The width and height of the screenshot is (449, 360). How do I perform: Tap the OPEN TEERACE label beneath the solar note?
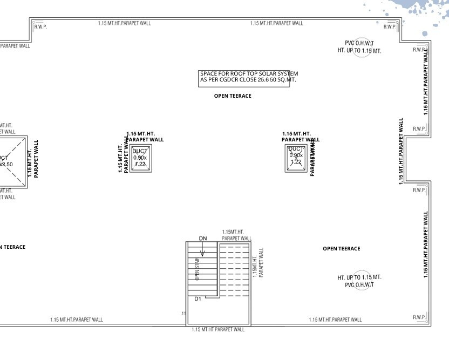[233, 96]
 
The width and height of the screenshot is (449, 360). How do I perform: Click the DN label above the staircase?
[203, 238]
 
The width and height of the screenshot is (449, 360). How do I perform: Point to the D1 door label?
[198, 298]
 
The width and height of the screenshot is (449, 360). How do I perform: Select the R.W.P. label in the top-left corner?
[40, 27]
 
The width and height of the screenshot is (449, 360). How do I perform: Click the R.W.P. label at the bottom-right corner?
[419, 317]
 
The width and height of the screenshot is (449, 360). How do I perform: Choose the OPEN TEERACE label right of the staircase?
[341, 249]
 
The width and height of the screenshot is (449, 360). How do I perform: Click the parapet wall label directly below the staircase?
[217, 329]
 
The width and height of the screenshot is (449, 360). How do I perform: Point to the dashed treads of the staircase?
[234, 270]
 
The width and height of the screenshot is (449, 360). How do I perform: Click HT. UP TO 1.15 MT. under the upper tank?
[359, 51]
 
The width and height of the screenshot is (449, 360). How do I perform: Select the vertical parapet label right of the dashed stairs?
[258, 263]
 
